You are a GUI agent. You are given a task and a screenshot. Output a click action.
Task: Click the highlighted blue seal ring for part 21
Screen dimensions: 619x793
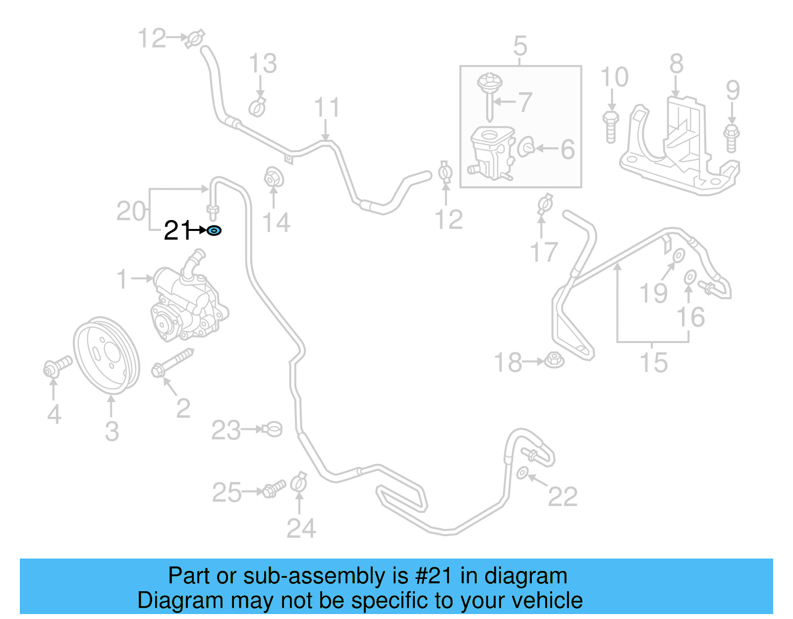click(214, 230)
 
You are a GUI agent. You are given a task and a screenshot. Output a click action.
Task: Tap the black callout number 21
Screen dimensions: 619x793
click(177, 230)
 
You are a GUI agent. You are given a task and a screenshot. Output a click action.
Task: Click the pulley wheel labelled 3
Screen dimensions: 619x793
click(107, 356)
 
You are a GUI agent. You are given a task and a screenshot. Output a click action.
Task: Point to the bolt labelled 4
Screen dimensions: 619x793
click(57, 367)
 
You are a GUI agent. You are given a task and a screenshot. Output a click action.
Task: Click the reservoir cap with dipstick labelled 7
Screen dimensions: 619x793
click(490, 94)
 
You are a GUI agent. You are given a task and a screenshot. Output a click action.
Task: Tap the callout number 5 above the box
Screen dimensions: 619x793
click(520, 46)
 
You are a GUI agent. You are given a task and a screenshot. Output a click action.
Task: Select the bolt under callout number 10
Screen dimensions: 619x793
click(611, 126)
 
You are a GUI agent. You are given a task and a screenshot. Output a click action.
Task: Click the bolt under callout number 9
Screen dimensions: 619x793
click(732, 138)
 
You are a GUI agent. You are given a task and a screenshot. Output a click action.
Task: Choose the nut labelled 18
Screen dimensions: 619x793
click(554, 360)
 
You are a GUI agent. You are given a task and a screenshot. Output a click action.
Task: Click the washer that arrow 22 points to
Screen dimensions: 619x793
click(522, 473)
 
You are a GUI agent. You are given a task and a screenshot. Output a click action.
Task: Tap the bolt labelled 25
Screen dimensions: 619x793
click(273, 489)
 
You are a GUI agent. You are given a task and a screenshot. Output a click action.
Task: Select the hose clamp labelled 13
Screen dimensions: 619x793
click(257, 107)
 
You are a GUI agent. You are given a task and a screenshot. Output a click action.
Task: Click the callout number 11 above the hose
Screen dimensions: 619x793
click(327, 108)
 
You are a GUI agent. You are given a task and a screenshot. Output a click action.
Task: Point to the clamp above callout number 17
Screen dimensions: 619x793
click(544, 204)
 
